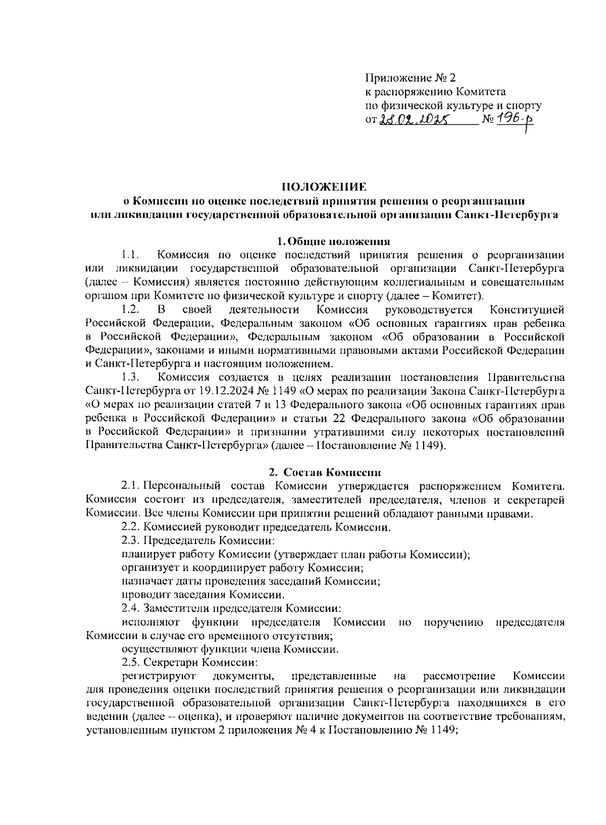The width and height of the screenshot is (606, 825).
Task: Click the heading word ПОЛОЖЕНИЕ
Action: click(323, 187)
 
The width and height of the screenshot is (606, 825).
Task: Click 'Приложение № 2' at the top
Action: click(410, 78)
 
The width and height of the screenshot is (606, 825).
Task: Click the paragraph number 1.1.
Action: click(130, 255)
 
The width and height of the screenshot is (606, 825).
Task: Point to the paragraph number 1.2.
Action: click(130, 309)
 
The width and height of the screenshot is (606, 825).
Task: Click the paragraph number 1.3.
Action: click(130, 377)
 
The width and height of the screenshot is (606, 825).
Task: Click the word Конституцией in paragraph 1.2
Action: click(527, 309)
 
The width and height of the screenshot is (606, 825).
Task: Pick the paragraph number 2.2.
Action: click(130, 527)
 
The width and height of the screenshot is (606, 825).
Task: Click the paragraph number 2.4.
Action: click(130, 608)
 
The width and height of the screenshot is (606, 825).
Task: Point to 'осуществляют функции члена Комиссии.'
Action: click(230, 649)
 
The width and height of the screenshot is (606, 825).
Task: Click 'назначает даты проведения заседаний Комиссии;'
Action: click(251, 581)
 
